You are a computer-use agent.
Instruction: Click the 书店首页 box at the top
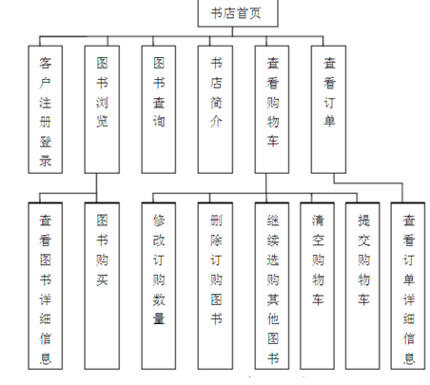click(x=238, y=13)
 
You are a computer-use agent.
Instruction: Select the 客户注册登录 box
click(x=46, y=109)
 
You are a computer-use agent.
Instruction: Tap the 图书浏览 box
click(x=102, y=109)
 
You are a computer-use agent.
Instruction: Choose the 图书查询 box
click(x=159, y=109)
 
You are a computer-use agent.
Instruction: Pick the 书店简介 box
click(x=215, y=109)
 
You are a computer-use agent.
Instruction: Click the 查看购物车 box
click(x=272, y=109)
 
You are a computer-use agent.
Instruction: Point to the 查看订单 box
click(x=328, y=109)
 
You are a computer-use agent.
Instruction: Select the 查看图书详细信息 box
click(x=46, y=286)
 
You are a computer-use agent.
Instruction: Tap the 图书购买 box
click(x=102, y=286)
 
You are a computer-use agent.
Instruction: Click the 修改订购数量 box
click(x=159, y=286)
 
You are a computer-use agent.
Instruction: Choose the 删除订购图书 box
click(x=215, y=286)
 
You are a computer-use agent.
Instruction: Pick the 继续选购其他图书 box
click(x=272, y=286)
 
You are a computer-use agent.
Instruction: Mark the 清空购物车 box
click(x=318, y=286)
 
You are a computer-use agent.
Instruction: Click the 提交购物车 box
click(x=362, y=286)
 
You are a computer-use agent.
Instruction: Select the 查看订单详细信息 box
click(x=408, y=286)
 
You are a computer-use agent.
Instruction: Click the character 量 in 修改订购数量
click(x=159, y=318)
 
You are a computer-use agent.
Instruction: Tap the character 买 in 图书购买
click(x=102, y=279)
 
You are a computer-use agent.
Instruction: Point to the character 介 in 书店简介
click(x=216, y=122)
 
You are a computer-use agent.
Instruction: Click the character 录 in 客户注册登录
click(x=46, y=161)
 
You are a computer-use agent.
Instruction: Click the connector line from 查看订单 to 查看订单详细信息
click(x=368, y=183)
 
